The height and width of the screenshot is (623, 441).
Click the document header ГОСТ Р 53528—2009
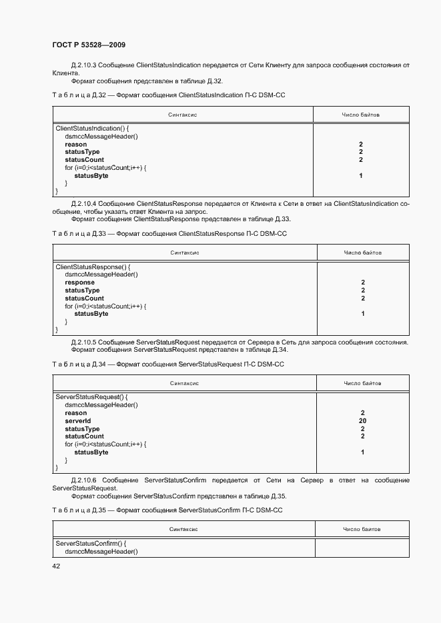pos(89,45)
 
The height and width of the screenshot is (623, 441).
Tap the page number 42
pos(55,566)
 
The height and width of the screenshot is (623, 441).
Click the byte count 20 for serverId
pos(362,421)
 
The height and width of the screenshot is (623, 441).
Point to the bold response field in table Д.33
pos(79,283)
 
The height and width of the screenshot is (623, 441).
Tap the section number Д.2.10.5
pos(83,342)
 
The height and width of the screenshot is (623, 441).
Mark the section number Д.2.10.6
pos(83,480)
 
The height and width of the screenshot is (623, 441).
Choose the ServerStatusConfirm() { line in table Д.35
pos(91,544)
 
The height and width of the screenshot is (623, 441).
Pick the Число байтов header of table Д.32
pos(360,115)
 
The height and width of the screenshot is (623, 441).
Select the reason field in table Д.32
pos(75,144)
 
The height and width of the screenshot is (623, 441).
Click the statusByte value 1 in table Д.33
pos(363,314)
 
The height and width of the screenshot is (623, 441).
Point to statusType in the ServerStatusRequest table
pos(82,429)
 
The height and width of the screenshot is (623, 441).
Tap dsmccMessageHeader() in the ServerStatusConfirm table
pos(101,552)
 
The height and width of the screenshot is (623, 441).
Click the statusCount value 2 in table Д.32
pos(360,160)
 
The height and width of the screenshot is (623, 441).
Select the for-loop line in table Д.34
pos(105,444)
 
